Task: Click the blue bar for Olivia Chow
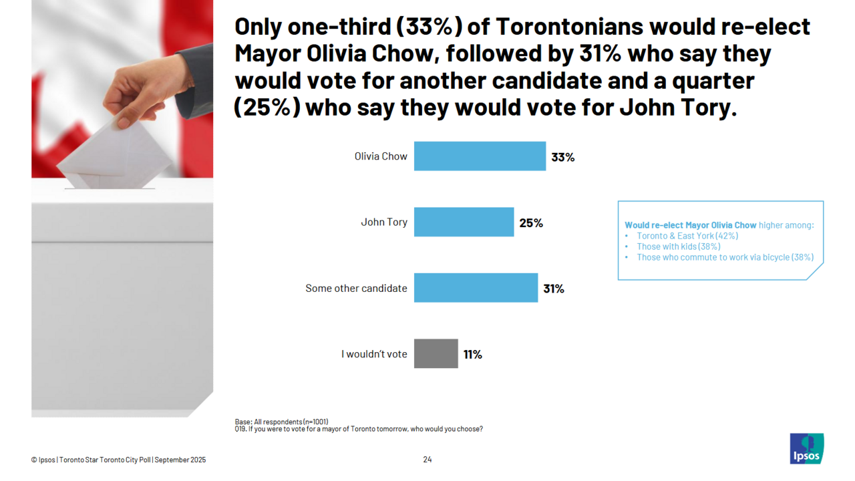coord(480,156)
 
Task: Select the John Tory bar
coord(464,222)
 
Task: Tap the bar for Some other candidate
coord(476,288)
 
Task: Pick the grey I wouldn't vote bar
coord(436,353)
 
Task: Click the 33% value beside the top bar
coord(562,158)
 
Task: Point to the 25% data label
coord(531,223)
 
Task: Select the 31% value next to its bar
coord(553,289)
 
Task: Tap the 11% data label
coord(472,355)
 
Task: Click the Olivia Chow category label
coord(381,156)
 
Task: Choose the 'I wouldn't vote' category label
coord(374,354)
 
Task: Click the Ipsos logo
coord(806,448)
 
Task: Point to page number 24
coord(427,460)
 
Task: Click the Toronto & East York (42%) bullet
coord(687,236)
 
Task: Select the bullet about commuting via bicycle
coord(725,257)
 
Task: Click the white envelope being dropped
coord(114,154)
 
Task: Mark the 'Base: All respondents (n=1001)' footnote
coord(281,422)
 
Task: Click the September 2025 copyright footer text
coord(118,460)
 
